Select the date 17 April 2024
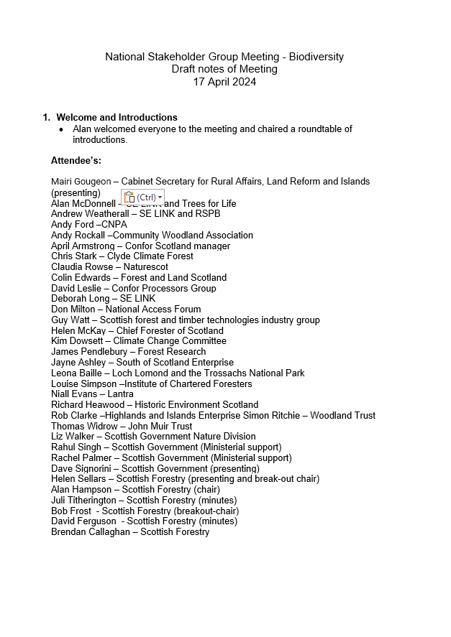224,82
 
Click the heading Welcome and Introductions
117,117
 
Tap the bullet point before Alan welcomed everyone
62,130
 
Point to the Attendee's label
76,160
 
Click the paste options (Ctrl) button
142,197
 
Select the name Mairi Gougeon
81,182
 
